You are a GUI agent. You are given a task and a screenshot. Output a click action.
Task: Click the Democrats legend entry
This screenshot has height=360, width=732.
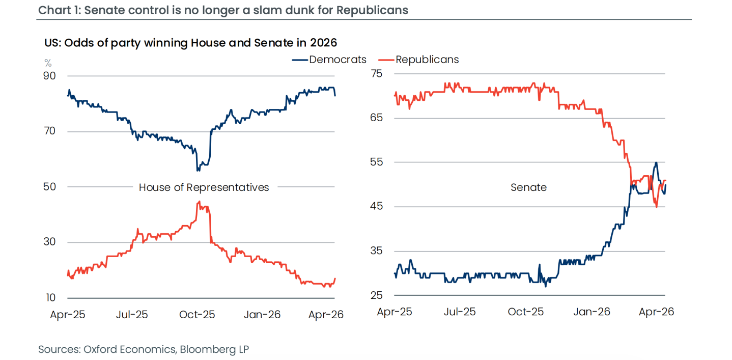(x=329, y=60)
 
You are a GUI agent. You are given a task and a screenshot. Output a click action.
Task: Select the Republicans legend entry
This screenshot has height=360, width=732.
(x=418, y=60)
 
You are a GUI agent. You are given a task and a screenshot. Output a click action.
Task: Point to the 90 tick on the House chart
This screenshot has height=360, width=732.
(x=49, y=76)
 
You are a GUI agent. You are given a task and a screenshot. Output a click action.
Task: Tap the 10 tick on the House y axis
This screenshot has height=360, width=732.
(x=50, y=297)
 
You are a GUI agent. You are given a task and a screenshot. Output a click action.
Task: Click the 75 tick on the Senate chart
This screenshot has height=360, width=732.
(x=377, y=73)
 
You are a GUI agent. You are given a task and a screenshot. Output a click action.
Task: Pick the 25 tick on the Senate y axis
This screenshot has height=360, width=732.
(x=376, y=295)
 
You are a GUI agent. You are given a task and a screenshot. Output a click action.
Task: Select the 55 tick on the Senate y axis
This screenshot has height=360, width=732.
(x=376, y=162)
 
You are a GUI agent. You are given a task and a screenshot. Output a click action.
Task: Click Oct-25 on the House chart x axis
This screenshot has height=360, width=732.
(x=197, y=315)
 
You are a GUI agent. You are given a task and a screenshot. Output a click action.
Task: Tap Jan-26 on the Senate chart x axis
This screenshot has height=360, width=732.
(x=592, y=312)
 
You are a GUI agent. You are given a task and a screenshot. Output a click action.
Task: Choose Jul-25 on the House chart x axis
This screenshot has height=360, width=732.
(x=132, y=315)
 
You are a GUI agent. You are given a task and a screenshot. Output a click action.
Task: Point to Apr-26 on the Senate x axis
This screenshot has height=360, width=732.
(x=657, y=312)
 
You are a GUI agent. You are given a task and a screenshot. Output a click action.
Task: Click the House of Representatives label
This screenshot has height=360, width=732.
(x=204, y=187)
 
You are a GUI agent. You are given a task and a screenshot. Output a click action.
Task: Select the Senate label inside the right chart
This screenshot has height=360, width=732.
(x=528, y=187)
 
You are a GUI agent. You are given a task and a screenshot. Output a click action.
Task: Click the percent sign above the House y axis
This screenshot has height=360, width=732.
(x=48, y=63)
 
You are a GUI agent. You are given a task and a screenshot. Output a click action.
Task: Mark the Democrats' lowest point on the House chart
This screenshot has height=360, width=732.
(x=198, y=171)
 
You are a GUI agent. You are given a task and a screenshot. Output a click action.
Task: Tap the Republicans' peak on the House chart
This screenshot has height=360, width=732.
(x=199, y=202)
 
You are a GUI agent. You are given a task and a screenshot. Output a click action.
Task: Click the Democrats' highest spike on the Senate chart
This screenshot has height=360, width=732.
(x=656, y=162)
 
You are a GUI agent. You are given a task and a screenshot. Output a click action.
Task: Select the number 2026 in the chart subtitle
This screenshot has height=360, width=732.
(x=324, y=43)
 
